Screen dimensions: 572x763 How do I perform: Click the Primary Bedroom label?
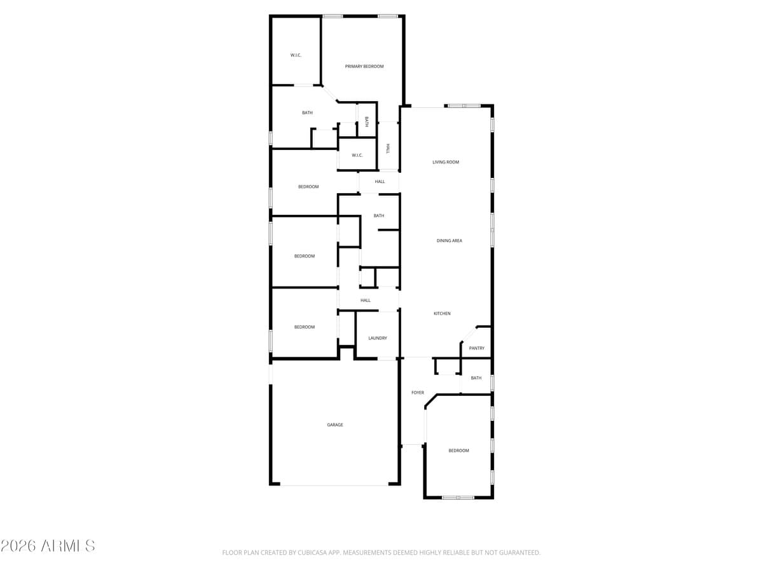364,66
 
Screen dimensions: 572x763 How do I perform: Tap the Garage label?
335,425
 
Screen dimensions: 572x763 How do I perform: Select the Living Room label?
446,162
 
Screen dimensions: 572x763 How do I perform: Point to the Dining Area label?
450,241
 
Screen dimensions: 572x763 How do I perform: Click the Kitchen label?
443,313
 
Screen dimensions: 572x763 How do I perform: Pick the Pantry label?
477,348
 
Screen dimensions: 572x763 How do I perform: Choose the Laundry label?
378,338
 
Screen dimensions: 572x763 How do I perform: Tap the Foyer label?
418,393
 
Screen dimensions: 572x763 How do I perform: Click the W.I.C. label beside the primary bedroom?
296,55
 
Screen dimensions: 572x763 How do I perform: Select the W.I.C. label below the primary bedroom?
357,155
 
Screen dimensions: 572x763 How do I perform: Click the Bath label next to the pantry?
476,378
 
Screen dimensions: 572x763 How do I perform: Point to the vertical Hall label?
387,147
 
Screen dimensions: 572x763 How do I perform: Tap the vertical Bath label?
367,121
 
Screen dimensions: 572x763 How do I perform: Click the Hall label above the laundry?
366,300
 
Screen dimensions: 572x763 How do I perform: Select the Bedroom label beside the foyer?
458,451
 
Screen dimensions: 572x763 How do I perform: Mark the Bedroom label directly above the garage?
305,327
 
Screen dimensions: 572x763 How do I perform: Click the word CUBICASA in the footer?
312,553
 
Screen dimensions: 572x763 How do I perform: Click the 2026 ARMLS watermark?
48,545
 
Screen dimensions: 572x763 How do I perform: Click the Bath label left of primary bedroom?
307,112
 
